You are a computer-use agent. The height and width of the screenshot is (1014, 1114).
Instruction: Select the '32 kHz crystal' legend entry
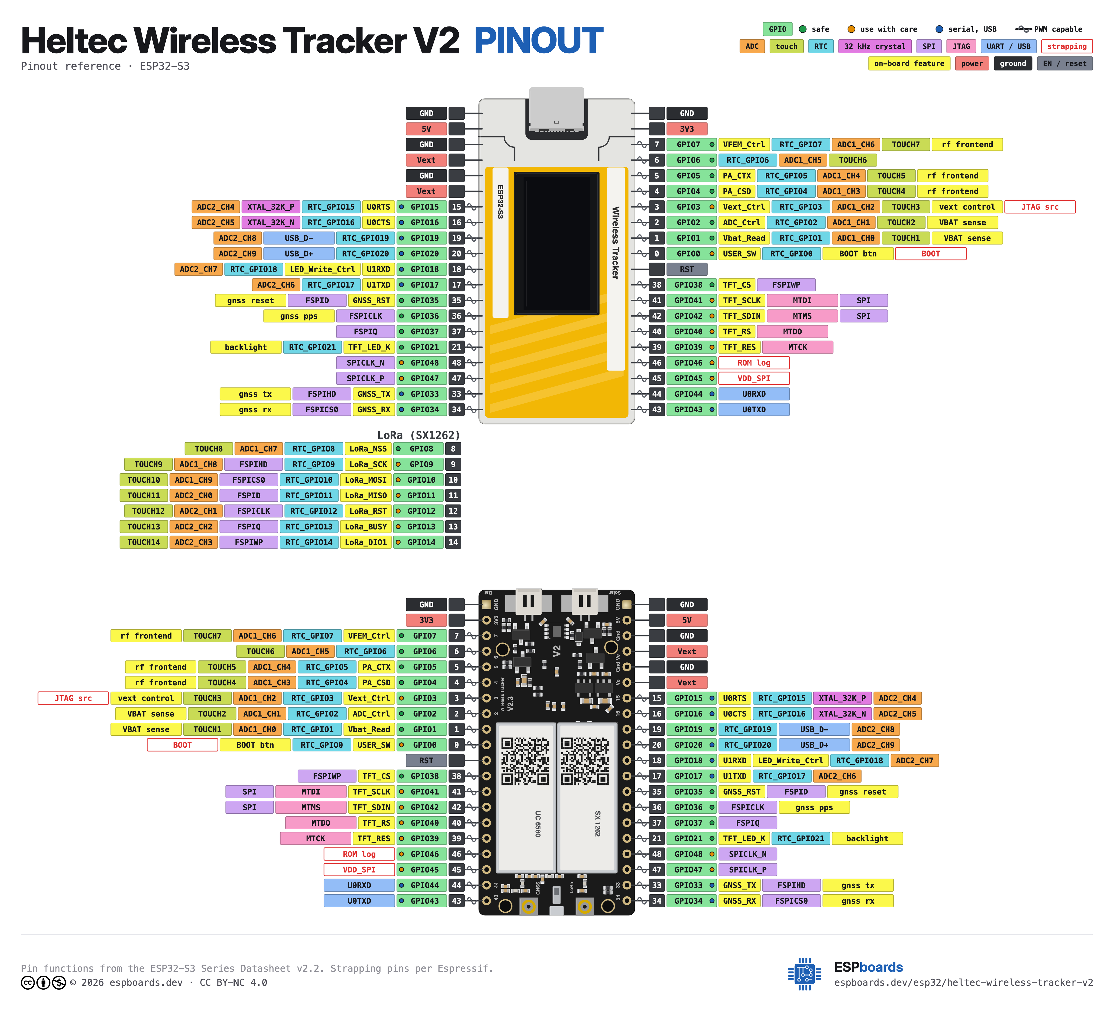coord(875,46)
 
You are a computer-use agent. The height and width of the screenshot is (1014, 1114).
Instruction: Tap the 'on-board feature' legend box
coord(909,64)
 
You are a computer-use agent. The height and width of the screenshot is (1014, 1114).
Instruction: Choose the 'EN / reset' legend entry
coord(1064,64)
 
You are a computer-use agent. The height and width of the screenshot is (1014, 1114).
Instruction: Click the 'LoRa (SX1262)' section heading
coord(418,435)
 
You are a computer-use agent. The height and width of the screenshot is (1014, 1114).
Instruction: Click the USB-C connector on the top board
coord(557,110)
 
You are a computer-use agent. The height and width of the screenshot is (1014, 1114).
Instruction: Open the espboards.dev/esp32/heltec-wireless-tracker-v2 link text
coord(963,982)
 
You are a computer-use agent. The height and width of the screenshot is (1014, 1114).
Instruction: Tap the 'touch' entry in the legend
coord(786,46)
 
